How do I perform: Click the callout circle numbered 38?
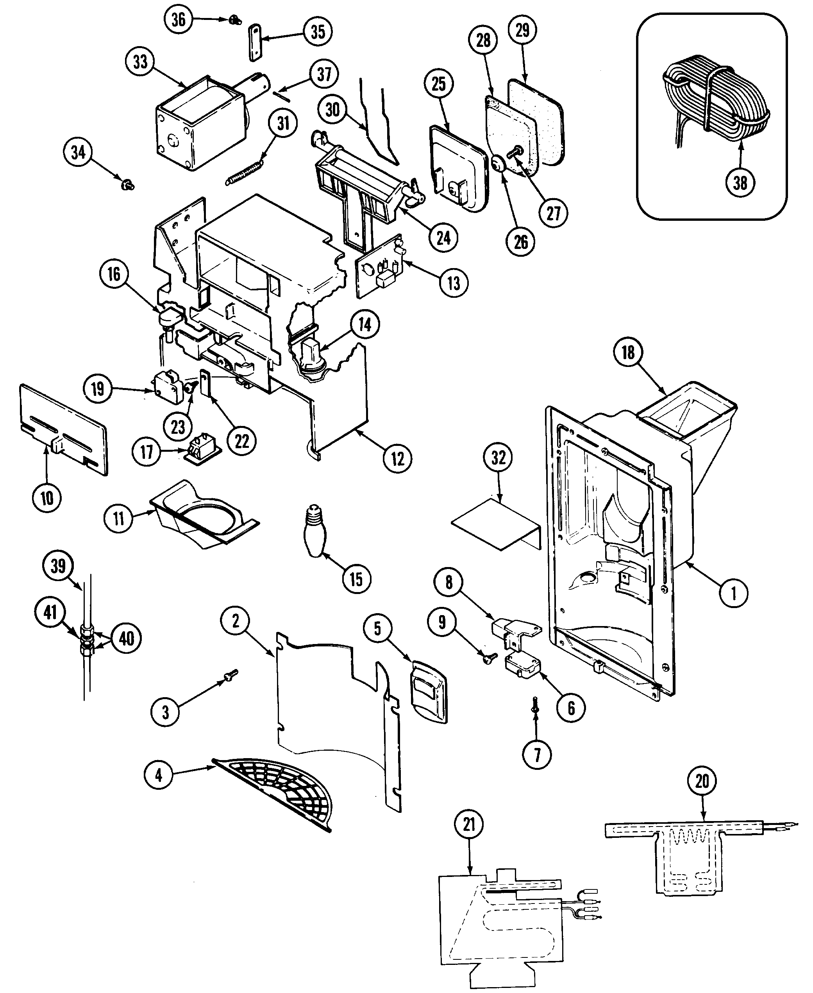(x=740, y=182)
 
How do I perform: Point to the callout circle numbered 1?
(x=733, y=594)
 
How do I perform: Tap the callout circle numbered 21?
(x=469, y=825)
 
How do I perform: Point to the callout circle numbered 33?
(x=140, y=62)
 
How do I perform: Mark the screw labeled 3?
(x=230, y=675)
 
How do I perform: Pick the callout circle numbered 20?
(x=702, y=781)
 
